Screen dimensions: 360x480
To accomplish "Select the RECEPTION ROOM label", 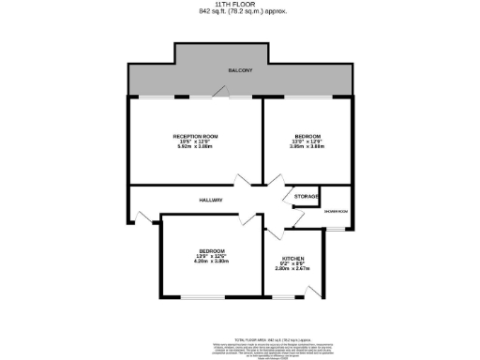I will coord(194,137).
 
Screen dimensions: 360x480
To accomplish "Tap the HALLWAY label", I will coord(209,200).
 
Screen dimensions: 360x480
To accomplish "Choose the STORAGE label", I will coord(306,196).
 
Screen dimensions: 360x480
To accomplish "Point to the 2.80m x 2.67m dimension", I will coord(292,268).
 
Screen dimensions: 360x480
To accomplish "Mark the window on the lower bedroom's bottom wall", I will coord(205,298).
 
